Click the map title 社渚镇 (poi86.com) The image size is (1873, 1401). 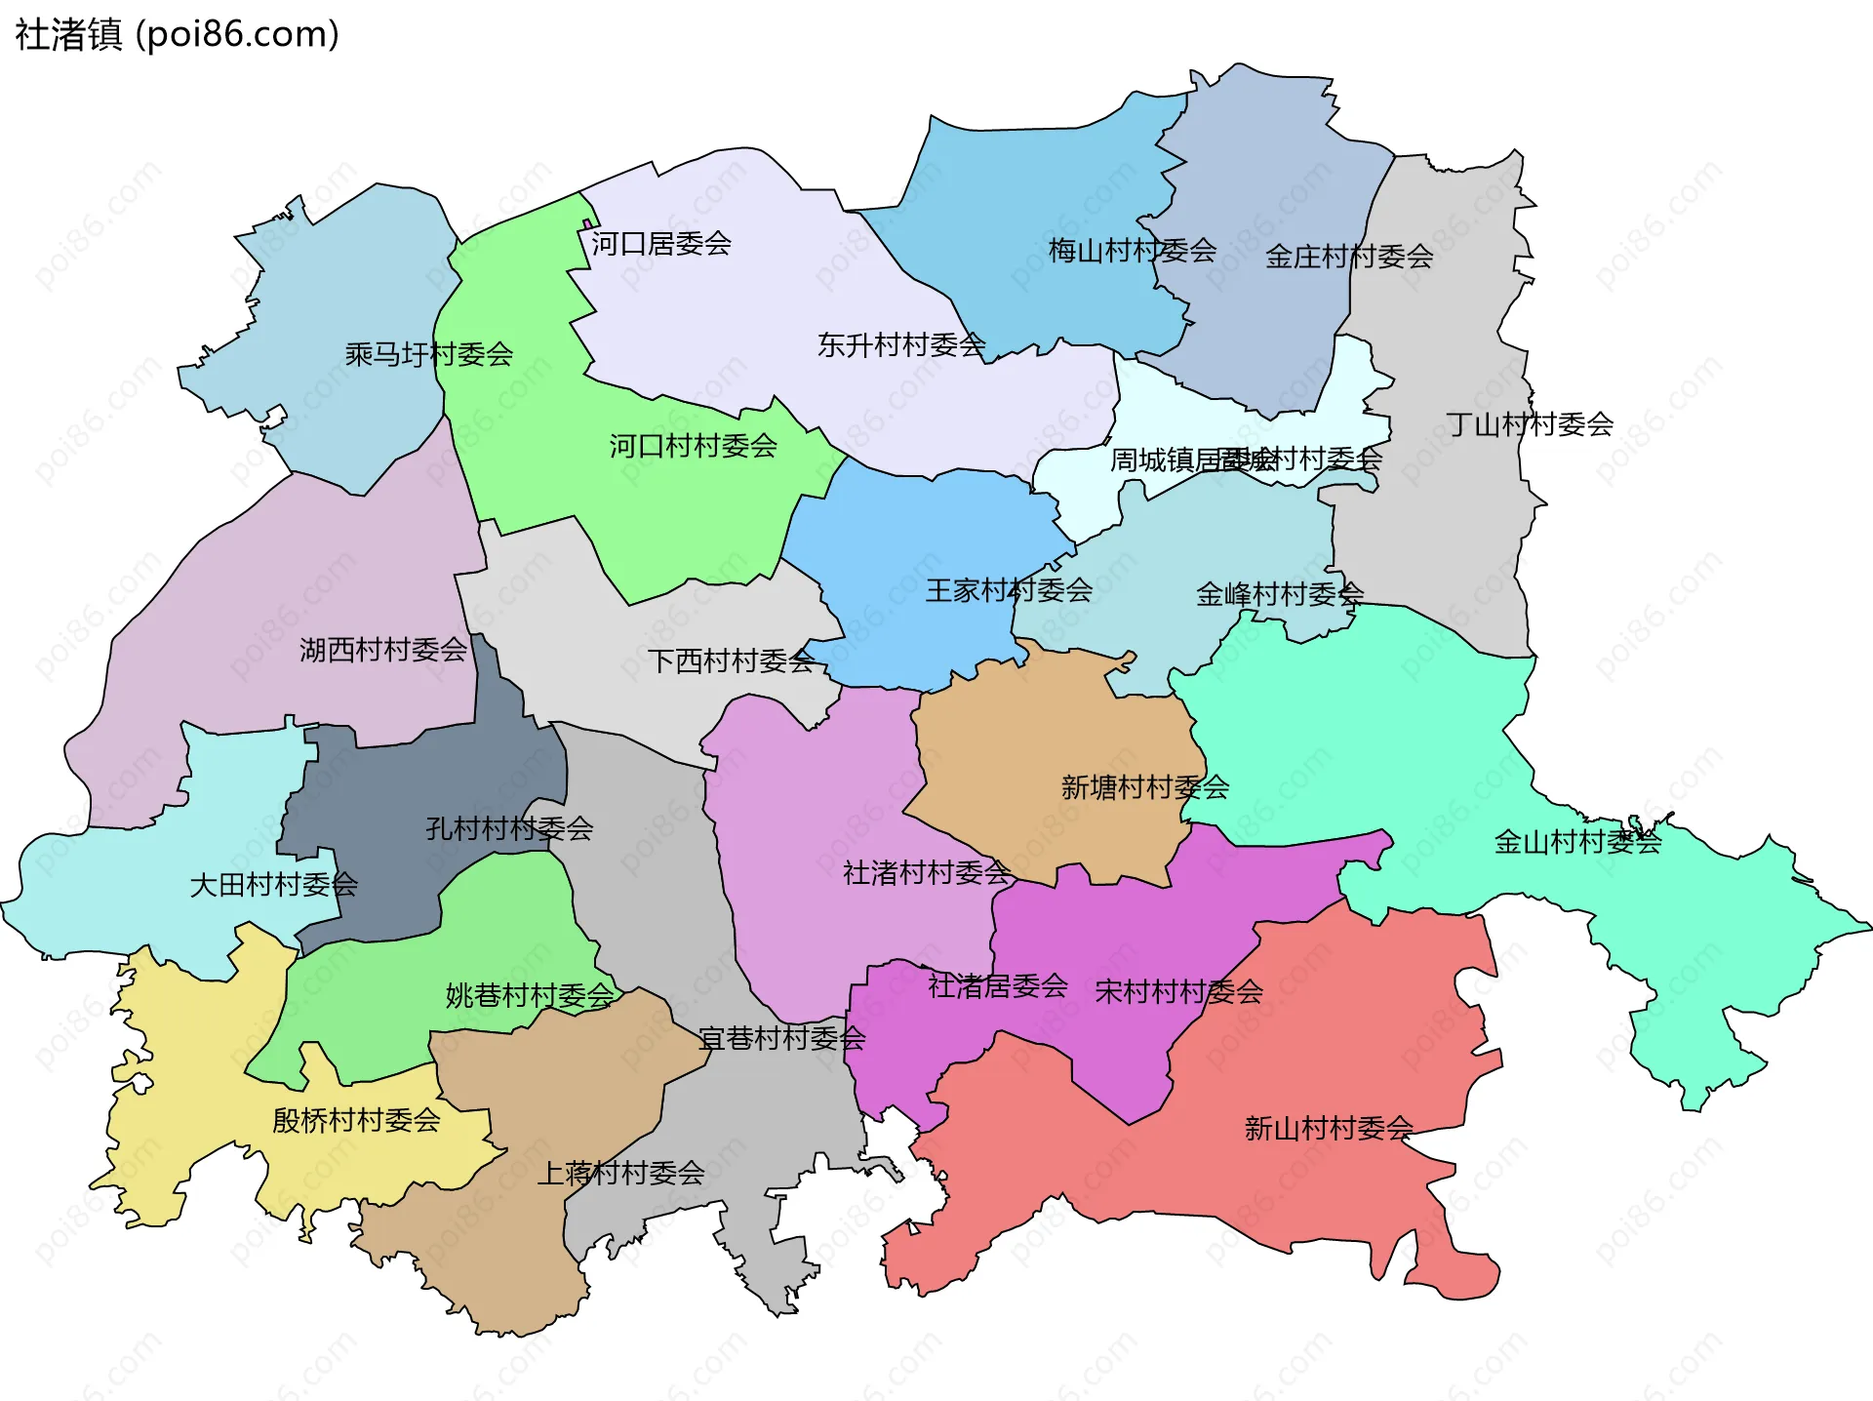(177, 35)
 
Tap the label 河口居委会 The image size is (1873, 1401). (660, 244)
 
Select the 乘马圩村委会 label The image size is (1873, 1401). (428, 354)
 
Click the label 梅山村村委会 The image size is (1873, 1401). (1132, 252)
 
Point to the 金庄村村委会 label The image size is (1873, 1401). (1348, 257)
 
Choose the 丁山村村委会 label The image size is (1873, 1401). (1529, 424)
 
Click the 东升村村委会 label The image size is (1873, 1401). (900, 345)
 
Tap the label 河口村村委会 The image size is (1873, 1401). (693, 447)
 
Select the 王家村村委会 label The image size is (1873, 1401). (1009, 590)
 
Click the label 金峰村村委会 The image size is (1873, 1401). (1279, 594)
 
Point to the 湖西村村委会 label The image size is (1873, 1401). (382, 650)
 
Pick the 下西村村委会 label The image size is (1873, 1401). (731, 661)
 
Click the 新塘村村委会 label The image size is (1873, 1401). (1144, 787)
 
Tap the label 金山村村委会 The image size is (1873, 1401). (1576, 842)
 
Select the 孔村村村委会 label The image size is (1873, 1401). (508, 829)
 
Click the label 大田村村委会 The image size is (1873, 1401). (273, 885)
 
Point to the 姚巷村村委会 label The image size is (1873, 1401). (529, 996)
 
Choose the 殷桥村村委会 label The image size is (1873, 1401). (356, 1120)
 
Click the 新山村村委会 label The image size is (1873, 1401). (1328, 1129)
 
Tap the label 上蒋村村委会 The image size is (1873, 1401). (620, 1173)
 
